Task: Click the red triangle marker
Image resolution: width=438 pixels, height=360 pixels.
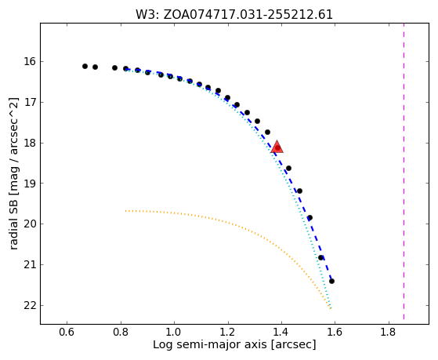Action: (x=277, y=147)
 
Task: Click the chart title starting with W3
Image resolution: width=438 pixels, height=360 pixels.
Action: (x=234, y=15)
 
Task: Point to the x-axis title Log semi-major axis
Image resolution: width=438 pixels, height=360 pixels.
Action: (x=234, y=344)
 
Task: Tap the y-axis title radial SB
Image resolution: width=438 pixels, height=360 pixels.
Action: (x=13, y=173)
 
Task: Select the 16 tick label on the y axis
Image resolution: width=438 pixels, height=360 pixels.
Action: (x=31, y=61)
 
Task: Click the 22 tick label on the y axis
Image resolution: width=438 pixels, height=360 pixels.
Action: (x=31, y=305)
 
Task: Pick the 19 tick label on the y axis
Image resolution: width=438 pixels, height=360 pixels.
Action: (x=31, y=184)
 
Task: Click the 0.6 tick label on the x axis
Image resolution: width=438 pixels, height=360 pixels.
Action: (x=67, y=332)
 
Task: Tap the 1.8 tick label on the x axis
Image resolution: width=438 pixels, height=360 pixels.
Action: (x=389, y=332)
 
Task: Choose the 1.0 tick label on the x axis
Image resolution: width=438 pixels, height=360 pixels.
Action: (x=174, y=332)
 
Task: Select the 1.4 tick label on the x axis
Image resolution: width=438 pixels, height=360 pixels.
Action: (x=281, y=332)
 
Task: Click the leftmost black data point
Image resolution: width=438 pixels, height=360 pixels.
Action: (x=85, y=67)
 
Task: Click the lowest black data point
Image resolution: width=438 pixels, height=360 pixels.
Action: (x=331, y=281)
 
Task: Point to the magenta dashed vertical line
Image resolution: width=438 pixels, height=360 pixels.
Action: (x=404, y=171)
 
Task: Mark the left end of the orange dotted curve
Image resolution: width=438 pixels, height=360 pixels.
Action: (x=125, y=211)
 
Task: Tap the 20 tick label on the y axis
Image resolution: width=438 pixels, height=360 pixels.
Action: (x=31, y=224)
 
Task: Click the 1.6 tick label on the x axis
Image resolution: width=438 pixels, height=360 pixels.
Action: (x=335, y=332)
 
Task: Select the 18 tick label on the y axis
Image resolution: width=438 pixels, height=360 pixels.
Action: (x=31, y=143)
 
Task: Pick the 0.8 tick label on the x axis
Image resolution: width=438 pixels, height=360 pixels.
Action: (x=121, y=332)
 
